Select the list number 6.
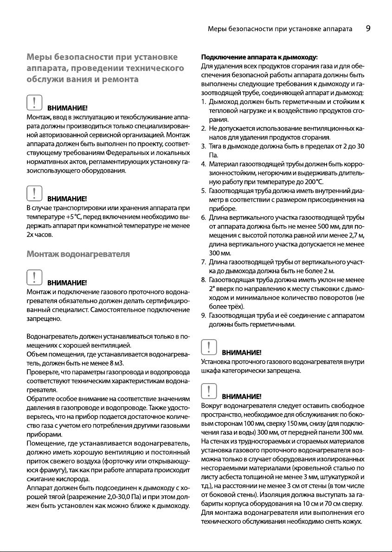tap(204, 218)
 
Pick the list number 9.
tap(204, 316)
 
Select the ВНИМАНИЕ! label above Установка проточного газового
tap(242, 353)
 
